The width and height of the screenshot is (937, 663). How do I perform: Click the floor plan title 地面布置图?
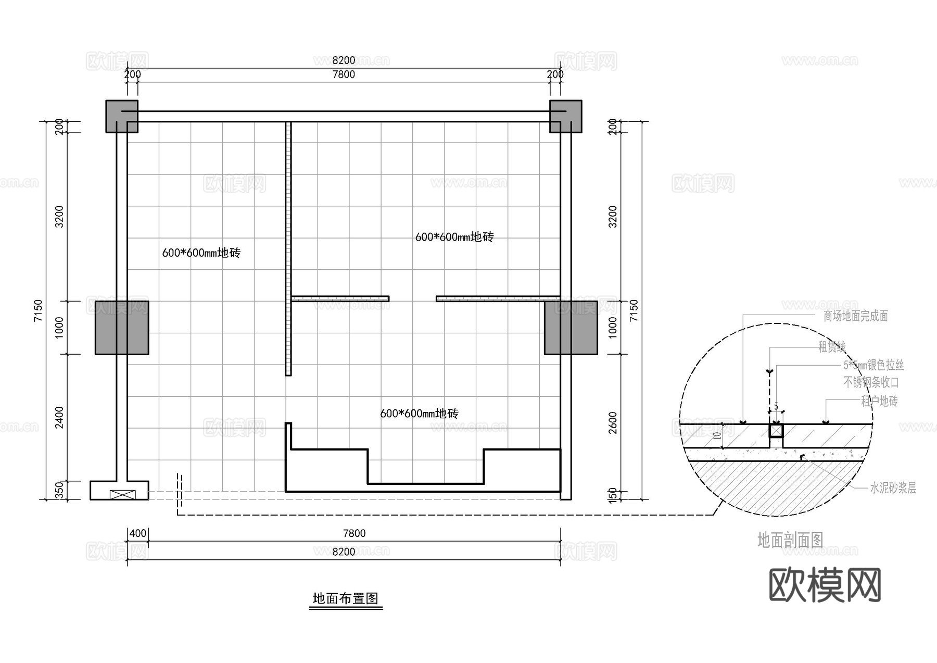click(345, 598)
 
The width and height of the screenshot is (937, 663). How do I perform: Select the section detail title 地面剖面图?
click(790, 540)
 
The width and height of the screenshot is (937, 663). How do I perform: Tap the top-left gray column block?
click(122, 116)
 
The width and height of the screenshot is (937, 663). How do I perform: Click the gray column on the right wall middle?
click(571, 328)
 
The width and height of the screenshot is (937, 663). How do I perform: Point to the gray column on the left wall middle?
click(122, 328)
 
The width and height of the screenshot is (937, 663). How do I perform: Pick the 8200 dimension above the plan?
click(344, 61)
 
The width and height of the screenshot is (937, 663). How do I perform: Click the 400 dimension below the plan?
click(138, 533)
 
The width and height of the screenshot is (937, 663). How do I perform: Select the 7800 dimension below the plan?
click(354, 533)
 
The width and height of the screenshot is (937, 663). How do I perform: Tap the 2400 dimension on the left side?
click(59, 418)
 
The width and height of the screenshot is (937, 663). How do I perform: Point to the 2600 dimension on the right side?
click(613, 422)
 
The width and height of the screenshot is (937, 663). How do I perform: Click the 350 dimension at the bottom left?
click(59, 490)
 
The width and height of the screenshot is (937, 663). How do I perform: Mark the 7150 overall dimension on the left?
click(38, 310)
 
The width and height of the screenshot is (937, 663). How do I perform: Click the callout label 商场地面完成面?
click(855, 316)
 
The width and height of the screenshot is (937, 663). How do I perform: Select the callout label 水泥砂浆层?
click(893, 488)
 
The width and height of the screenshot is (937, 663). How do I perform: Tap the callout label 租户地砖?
click(879, 401)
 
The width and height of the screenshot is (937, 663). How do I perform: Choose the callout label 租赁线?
click(832, 347)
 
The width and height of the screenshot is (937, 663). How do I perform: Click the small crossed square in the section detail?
click(776, 431)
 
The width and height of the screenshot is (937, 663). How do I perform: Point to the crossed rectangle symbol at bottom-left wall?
click(123, 495)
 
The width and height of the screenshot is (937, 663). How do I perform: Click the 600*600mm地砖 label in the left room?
click(201, 253)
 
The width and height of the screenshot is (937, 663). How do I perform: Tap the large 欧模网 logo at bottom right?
click(825, 585)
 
